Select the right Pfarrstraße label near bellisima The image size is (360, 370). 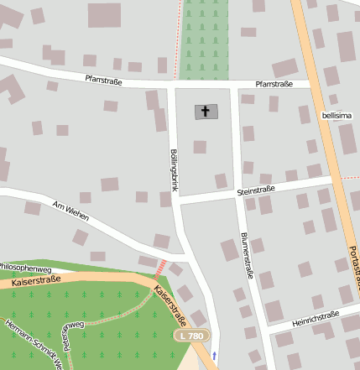coord(275,85)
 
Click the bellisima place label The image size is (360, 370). coord(336,115)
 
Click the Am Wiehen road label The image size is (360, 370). coord(70,211)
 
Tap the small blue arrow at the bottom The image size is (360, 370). coord(214,356)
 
